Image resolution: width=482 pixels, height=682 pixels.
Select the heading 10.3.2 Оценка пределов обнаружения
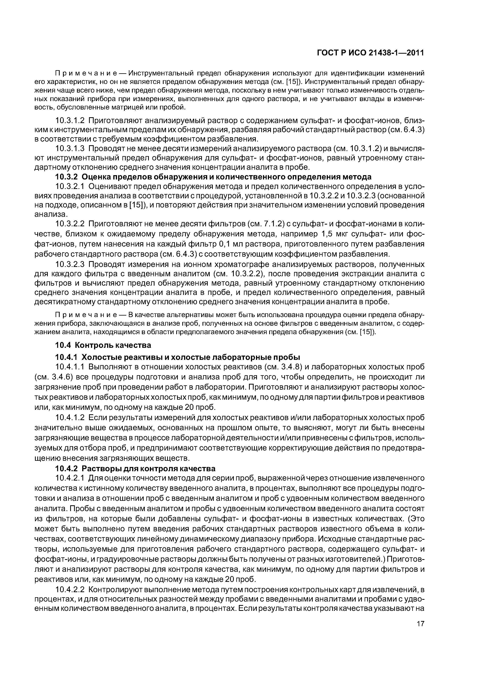point(213,177)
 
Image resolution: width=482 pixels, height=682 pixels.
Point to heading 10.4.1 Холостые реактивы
point(178,357)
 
